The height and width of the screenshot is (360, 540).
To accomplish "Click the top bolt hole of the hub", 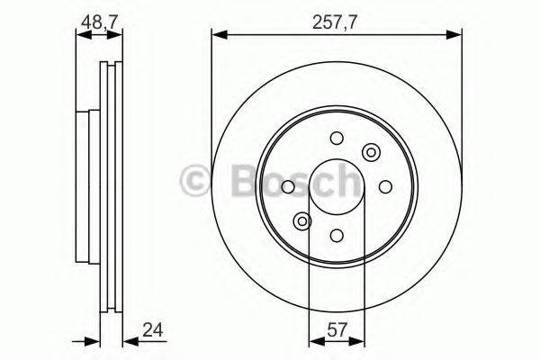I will coord(336,138).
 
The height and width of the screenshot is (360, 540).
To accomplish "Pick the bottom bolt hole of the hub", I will coord(336,235).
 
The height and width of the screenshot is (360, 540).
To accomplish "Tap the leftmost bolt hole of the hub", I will coord(287,186).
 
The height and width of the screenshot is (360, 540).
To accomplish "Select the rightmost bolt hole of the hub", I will coord(384,186).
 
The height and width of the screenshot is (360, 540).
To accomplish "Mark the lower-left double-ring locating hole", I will coord(301,220).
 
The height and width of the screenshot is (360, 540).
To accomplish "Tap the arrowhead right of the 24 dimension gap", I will coord(126,341).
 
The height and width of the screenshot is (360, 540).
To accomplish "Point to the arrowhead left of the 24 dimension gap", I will coord(92,341).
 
